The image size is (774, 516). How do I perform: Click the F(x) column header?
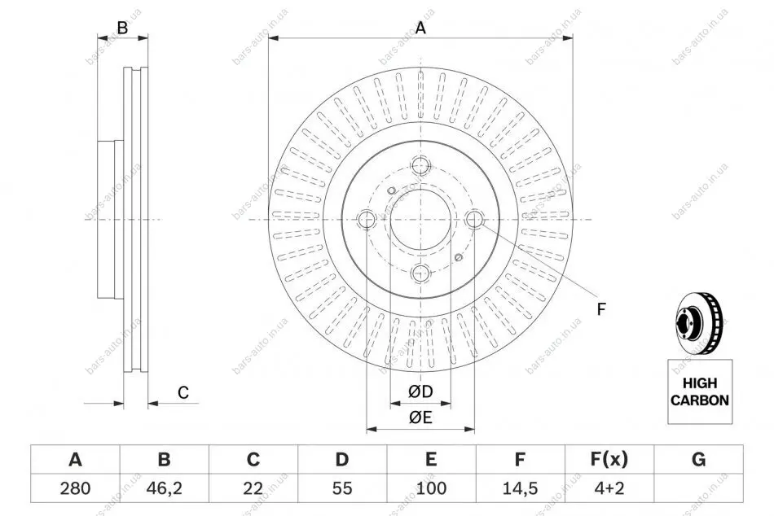click(x=609, y=460)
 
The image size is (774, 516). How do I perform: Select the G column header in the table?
click(x=698, y=460)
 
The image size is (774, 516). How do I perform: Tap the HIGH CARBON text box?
click(x=700, y=391)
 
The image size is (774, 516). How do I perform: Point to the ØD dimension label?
click(x=420, y=392)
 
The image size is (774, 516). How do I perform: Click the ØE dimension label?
click(x=420, y=418)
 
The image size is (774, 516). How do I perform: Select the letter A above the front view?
click(x=421, y=28)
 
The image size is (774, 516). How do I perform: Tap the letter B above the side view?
click(x=122, y=28)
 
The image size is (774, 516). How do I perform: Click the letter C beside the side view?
click(x=183, y=392)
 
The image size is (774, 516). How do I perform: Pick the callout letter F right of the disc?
click(x=601, y=308)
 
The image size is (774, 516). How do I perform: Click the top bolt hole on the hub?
click(x=420, y=166)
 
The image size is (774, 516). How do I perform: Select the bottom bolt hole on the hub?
click(x=420, y=273)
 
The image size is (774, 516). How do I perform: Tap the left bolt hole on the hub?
click(x=367, y=219)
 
